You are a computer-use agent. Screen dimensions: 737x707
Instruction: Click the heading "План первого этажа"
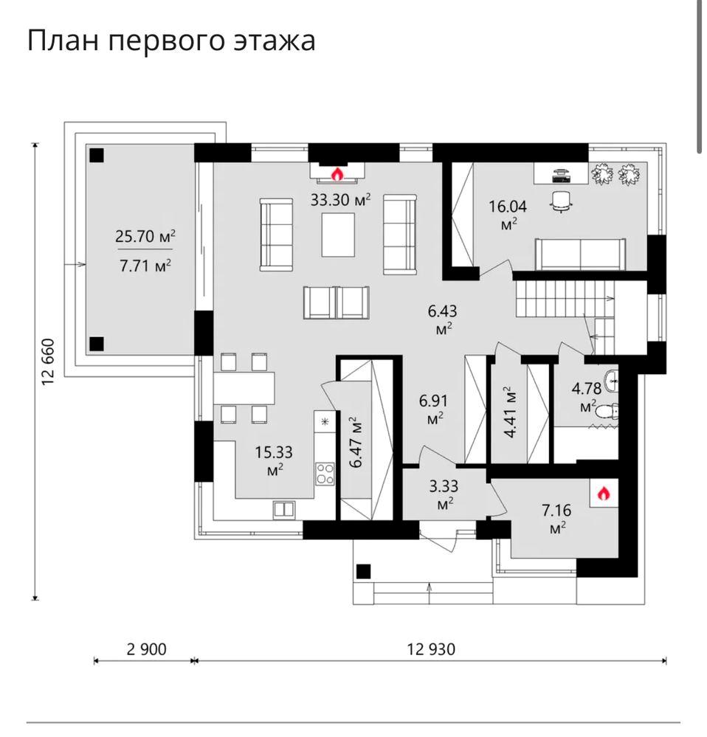click(171, 41)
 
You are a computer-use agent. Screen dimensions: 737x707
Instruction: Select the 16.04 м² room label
click(508, 213)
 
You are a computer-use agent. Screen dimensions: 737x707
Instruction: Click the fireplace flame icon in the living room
click(337, 174)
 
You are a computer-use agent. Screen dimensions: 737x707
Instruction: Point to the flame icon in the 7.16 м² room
click(603, 493)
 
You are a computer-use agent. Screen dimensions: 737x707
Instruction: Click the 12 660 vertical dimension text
click(49, 361)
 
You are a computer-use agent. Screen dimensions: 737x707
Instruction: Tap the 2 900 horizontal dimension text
click(146, 649)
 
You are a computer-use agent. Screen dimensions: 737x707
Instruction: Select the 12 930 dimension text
click(431, 649)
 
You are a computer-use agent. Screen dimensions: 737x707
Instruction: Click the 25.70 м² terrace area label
click(145, 237)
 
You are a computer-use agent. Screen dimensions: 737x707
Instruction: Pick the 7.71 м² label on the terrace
click(145, 265)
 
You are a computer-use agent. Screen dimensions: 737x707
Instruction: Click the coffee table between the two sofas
click(338, 235)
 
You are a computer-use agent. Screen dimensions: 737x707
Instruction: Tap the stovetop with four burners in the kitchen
click(325, 472)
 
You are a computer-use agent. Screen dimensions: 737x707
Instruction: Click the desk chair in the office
click(562, 200)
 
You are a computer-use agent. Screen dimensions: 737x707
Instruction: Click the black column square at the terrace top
click(97, 155)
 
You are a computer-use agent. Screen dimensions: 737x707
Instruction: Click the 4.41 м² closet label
click(509, 412)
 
